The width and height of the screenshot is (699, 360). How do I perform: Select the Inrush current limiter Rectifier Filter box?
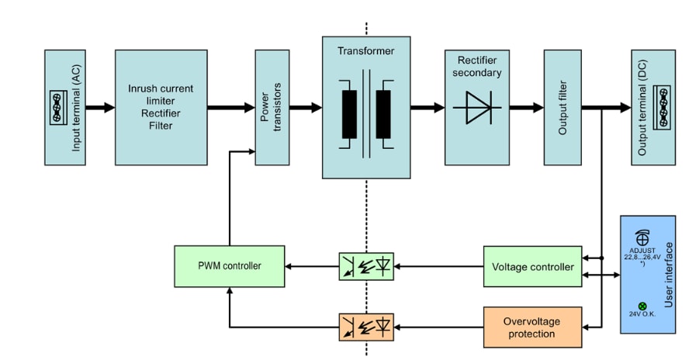click(x=161, y=107)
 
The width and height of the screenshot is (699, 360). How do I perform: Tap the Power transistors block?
click(x=272, y=107)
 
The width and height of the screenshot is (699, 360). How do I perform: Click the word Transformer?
click(x=365, y=52)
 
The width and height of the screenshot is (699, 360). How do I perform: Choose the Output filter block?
click(x=562, y=107)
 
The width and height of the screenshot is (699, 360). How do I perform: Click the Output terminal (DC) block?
click(x=652, y=107)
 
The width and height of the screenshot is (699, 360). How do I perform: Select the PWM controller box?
click(x=229, y=266)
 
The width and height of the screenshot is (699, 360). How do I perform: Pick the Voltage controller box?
click(x=531, y=266)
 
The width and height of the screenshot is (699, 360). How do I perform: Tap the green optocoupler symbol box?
click(x=366, y=266)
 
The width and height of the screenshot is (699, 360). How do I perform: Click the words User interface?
click(x=667, y=275)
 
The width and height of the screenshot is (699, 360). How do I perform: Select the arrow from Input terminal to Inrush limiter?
click(x=99, y=107)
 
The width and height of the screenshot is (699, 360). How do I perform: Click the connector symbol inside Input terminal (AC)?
click(x=56, y=107)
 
